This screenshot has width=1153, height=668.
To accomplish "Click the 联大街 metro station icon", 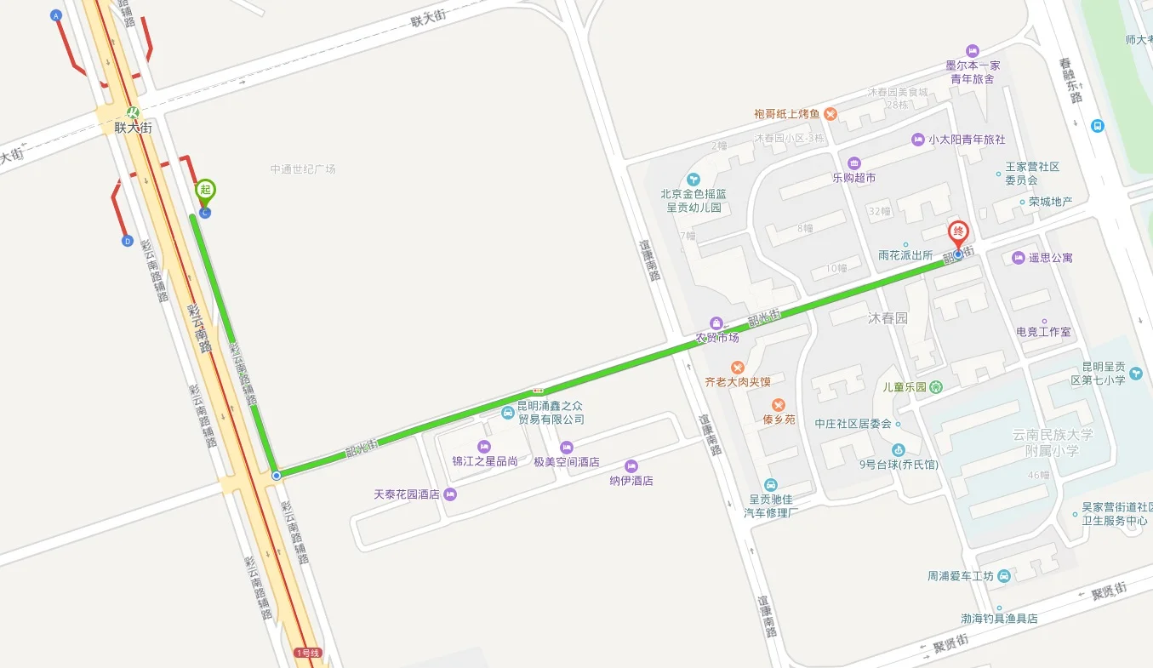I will tap(133, 112).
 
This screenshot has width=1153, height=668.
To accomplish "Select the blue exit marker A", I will tap(57, 15).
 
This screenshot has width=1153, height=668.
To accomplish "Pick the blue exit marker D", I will tap(128, 241).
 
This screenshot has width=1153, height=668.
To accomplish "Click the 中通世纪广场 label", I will tap(303, 169).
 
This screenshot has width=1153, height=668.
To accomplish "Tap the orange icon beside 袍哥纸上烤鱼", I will tap(831, 114).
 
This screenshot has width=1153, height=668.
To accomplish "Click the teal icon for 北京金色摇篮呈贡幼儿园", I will tap(694, 179).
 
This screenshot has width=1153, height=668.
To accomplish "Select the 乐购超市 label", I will tap(853, 178).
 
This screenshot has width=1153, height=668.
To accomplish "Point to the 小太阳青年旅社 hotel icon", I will tap(917, 140).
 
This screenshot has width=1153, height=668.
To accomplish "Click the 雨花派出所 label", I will tap(905, 255).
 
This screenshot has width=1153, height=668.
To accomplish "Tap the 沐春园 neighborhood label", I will tap(888, 318).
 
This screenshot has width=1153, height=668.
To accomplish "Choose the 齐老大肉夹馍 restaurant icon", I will tap(738, 368).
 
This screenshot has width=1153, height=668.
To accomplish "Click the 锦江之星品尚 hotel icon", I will tap(484, 447).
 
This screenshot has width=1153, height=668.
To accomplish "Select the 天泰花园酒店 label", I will tap(407, 494).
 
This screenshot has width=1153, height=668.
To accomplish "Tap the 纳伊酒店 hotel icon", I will tap(631, 465).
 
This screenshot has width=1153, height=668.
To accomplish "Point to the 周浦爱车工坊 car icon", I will tap(1004, 576).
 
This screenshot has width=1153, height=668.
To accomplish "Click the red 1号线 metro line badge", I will tap(308, 653).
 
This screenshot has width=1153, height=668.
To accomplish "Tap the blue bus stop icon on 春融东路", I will tap(1098, 126).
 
